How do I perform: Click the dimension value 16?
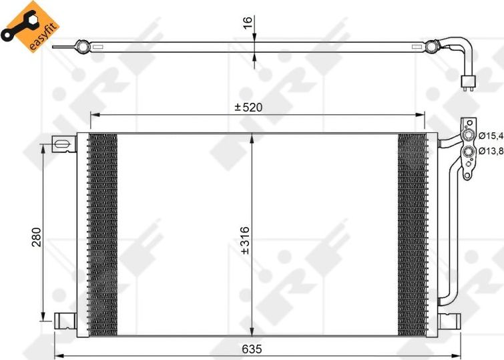[248, 22]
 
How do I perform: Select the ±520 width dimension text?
[248, 108]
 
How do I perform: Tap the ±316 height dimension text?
[244, 244]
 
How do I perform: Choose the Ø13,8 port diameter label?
[491, 151]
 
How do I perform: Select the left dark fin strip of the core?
[102, 234]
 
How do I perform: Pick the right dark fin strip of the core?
[412, 234]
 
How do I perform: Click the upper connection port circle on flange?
[470, 137]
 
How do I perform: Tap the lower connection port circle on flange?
[470, 152]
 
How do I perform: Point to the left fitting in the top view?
[83, 47]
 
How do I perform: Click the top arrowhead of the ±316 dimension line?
[251, 138]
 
